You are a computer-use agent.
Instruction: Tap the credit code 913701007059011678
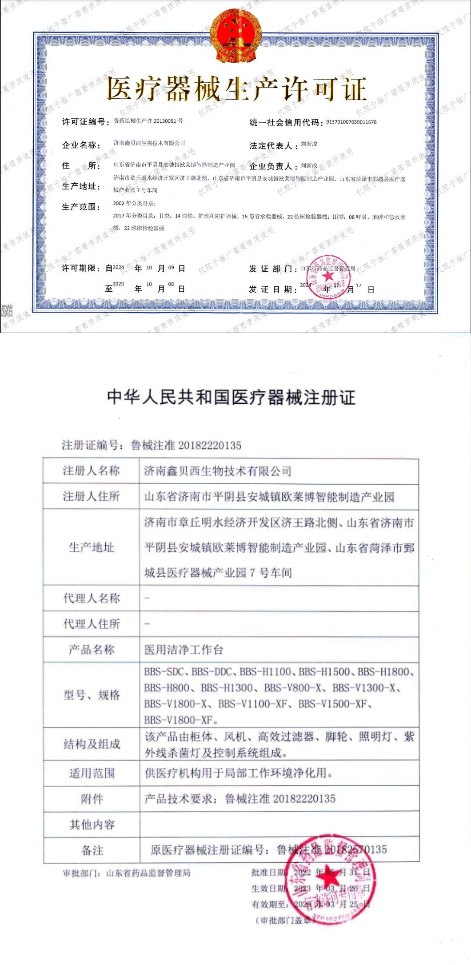(x=351, y=122)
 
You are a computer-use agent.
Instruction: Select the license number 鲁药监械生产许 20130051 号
(x=148, y=121)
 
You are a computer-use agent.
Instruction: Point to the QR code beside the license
(x=6, y=311)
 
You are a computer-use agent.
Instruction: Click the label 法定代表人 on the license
(x=271, y=145)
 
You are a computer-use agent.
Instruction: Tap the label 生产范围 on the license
(x=81, y=207)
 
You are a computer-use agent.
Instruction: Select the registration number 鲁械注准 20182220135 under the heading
(x=186, y=445)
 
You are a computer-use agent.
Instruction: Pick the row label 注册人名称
(x=91, y=470)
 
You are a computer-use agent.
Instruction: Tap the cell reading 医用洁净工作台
(x=184, y=650)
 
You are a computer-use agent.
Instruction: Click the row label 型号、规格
(x=92, y=695)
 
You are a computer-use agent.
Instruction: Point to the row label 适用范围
(x=92, y=773)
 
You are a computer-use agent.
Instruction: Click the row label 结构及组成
(x=92, y=744)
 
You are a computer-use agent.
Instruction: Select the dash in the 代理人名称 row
(x=147, y=598)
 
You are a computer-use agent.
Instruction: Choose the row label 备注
(x=92, y=850)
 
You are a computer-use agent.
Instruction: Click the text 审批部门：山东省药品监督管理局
(x=127, y=873)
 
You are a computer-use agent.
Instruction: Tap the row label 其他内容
(x=92, y=825)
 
